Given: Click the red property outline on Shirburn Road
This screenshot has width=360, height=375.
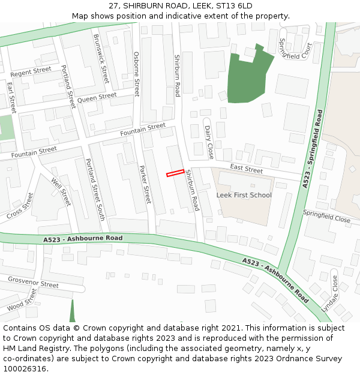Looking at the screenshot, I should [175, 173].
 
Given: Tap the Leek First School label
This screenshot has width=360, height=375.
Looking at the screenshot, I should [244, 195].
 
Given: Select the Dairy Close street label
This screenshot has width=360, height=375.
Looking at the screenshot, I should [209, 142].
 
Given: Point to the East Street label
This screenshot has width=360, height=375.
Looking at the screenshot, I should [246, 170].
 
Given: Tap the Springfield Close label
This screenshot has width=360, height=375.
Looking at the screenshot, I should [326, 216].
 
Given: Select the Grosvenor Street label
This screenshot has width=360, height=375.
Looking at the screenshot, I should [33, 282].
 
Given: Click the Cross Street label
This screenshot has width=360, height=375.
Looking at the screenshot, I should [20, 205].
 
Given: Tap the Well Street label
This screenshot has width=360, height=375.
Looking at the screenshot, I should [61, 192].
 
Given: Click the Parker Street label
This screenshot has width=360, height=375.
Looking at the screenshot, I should [145, 184].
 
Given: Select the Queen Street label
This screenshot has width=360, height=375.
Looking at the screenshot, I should [97, 97].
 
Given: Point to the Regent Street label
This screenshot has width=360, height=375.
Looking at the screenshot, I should [31, 72].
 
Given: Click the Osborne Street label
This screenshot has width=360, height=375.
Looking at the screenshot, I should [136, 74].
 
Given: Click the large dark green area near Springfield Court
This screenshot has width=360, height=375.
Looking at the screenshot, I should [245, 79].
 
